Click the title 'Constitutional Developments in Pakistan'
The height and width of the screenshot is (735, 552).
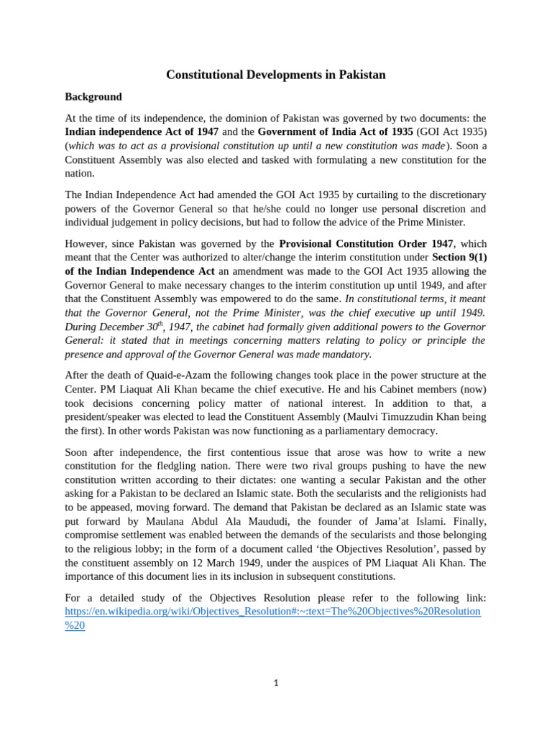pos(276,75)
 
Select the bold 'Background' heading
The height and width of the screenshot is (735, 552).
pos(93,97)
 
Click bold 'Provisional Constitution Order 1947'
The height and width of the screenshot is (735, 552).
pos(366,243)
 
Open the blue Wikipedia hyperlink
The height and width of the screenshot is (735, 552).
pos(273,612)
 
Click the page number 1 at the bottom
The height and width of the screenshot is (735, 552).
pos(276,683)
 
